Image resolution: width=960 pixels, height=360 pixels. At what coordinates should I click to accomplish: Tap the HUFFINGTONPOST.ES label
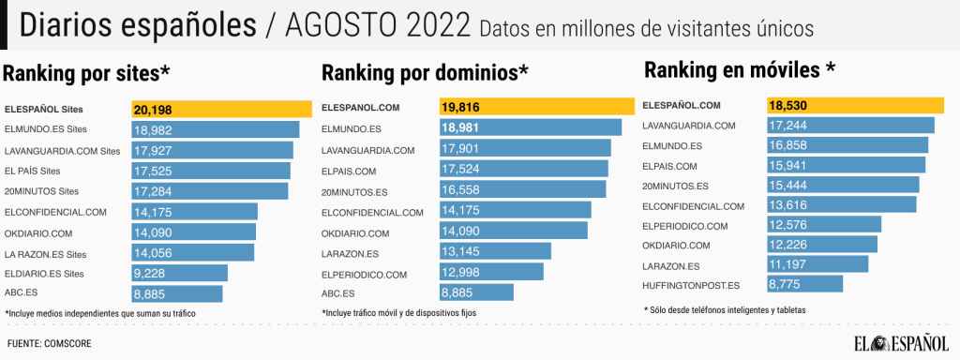(692, 285)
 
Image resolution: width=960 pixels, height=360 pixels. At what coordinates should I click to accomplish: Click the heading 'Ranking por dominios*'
(426, 72)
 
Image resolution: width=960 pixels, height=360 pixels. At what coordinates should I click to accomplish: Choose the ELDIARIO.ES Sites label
(46, 274)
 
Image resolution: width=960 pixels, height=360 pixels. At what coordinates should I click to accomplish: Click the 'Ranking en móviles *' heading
(739, 69)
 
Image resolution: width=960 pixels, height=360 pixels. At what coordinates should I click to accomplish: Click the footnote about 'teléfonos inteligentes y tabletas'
(725, 309)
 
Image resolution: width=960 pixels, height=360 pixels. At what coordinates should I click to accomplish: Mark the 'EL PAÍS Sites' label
(33, 171)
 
